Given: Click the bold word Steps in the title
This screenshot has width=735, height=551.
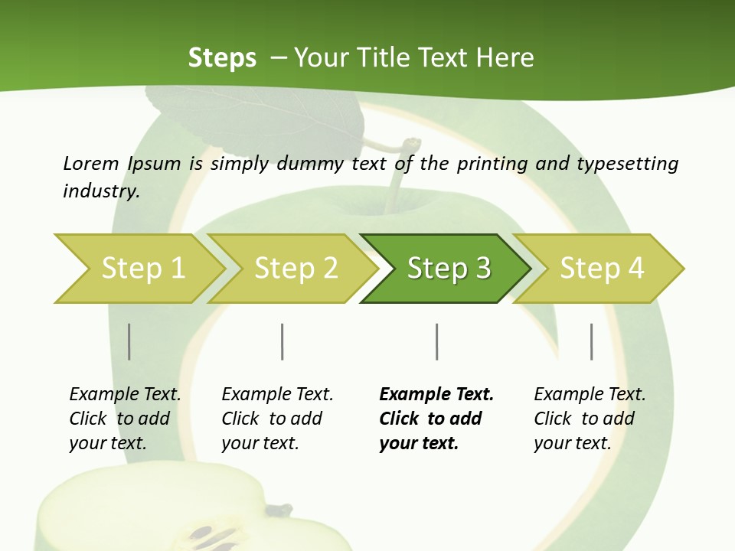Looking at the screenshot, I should point(222,57).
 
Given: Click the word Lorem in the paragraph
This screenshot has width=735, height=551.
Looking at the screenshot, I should point(90,163).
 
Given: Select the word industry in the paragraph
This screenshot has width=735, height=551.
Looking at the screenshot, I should point(100,191).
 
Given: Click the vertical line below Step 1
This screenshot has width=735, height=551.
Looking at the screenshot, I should point(129,341).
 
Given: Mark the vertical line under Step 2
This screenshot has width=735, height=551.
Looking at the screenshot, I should point(283,341).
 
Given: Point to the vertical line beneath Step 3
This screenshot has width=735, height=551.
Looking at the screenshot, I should point(436,341).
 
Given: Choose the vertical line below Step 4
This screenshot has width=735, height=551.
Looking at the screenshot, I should point(591,341).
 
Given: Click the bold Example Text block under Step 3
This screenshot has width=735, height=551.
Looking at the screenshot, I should point(436,419).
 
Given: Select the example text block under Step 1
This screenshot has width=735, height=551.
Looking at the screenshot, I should point(125,419).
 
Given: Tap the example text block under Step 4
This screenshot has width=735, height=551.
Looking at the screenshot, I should point(590,419).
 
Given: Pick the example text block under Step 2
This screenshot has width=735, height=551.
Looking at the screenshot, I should point(277,419).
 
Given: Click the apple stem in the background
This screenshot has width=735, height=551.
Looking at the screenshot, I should point(398,172).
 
